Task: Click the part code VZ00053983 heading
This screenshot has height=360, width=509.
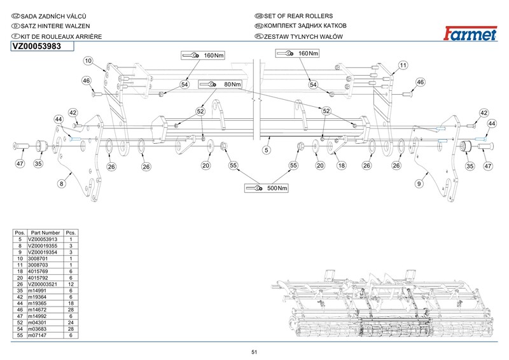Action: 36,46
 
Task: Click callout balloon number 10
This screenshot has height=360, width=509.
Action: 88,61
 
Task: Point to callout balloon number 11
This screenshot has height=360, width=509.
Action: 403,66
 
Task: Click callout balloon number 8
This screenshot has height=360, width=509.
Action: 62,183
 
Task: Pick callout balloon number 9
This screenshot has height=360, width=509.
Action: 419,183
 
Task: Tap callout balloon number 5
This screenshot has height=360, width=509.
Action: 267,150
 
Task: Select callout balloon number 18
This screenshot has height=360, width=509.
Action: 341,165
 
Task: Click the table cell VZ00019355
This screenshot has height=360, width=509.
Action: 44,246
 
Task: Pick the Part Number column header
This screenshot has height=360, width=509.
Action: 45,233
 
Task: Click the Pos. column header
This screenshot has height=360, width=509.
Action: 20,233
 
